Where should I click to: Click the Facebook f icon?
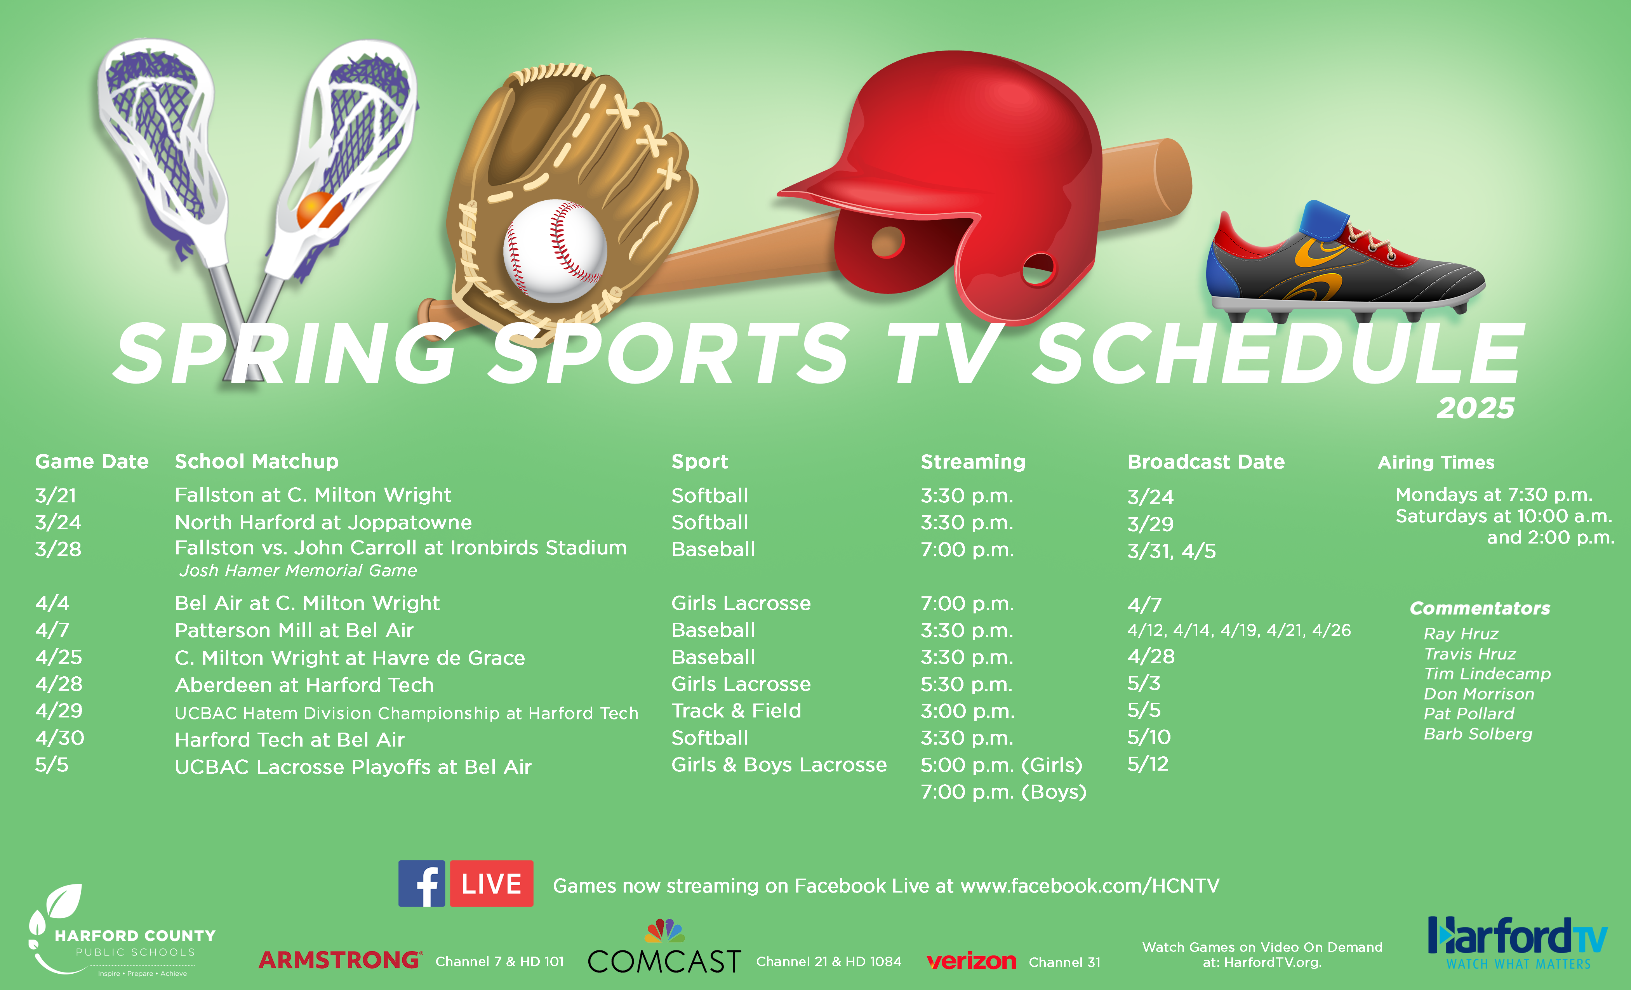[x=422, y=884]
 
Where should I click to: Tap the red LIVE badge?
[x=492, y=884]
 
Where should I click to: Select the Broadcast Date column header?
[x=1206, y=462]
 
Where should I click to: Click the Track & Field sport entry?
[x=736, y=711]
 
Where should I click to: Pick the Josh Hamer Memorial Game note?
[x=298, y=570]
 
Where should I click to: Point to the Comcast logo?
[x=664, y=948]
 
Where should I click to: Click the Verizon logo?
[x=971, y=961]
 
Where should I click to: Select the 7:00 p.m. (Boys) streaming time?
[x=1003, y=792]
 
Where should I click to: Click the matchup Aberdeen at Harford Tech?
[x=304, y=685]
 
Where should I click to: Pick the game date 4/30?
[x=59, y=738]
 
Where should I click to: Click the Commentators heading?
[x=1480, y=608]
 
